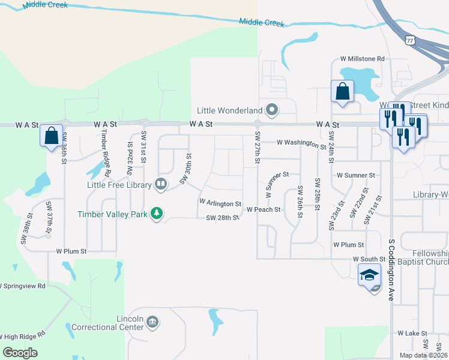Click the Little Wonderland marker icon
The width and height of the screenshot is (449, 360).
(x=272, y=110)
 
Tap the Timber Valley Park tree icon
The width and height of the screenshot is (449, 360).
(x=157, y=213)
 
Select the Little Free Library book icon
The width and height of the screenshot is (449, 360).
(x=160, y=184)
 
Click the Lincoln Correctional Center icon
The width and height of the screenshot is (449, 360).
(x=152, y=322)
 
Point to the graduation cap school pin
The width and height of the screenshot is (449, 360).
(x=369, y=276)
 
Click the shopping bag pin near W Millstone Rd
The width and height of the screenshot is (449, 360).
(x=342, y=92)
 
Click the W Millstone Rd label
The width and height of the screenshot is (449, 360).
(x=362, y=59)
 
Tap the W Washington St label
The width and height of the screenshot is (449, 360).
(x=301, y=143)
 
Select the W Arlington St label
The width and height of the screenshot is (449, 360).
(x=220, y=204)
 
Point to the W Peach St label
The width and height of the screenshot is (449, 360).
(x=264, y=210)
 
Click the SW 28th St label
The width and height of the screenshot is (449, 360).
(x=223, y=218)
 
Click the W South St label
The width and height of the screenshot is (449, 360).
(x=369, y=259)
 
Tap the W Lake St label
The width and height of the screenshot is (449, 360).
(x=412, y=333)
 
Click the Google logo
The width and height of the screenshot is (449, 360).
(x=20, y=353)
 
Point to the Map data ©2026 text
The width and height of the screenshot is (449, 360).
(x=423, y=355)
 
